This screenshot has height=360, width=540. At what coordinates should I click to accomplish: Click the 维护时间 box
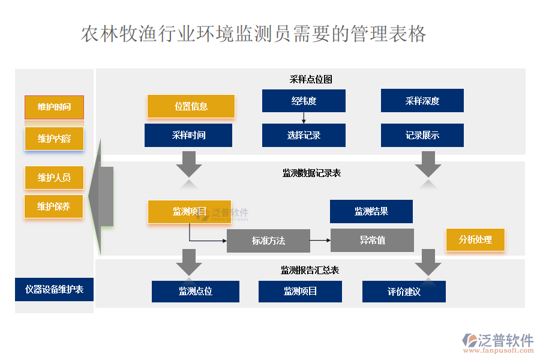[54, 107]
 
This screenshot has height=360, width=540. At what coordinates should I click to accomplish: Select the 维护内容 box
[54, 139]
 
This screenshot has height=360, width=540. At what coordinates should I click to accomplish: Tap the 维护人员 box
[54, 178]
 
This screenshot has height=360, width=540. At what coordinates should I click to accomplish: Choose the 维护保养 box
[54, 206]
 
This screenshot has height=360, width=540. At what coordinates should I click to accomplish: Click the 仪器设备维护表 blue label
[54, 290]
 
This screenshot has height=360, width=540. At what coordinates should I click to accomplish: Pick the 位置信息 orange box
[191, 107]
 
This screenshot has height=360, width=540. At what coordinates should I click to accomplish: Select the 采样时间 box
[188, 136]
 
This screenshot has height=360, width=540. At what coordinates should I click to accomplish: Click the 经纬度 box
[304, 101]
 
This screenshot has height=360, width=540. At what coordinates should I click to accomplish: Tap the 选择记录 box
[304, 136]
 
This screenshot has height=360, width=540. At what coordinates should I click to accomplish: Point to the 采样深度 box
[422, 101]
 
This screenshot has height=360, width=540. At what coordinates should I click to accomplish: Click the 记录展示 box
[422, 136]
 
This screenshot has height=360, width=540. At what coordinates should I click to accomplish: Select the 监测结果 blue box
[371, 212]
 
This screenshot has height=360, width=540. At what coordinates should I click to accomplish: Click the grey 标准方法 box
[268, 241]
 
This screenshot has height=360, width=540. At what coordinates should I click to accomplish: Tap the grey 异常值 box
[372, 241]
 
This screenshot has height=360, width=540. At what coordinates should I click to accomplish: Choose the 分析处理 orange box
[475, 240]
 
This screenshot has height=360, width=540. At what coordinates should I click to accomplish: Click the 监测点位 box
[196, 292]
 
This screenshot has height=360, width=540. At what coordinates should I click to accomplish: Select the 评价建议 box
[404, 292]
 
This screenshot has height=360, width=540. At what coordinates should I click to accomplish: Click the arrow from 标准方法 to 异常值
[320, 241]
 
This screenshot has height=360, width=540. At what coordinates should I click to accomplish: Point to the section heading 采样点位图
[311, 79]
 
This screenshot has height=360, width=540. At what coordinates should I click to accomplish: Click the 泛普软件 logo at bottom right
[497, 342]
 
